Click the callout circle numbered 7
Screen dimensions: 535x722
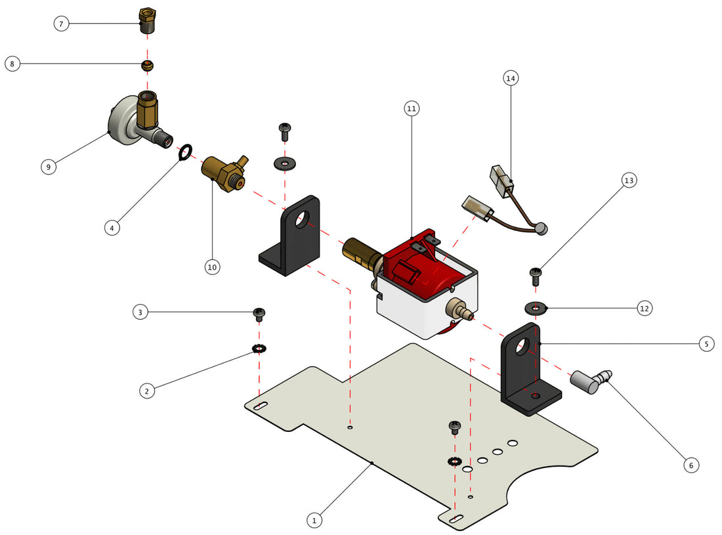pyautogui.click(x=61, y=24)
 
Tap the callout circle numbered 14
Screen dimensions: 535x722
pyautogui.click(x=511, y=78)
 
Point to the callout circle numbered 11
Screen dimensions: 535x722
pyautogui.click(x=412, y=108)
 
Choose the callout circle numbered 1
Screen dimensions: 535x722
pyautogui.click(x=314, y=520)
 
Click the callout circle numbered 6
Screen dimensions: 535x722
pyautogui.click(x=690, y=465)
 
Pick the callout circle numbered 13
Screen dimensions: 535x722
pyautogui.click(x=629, y=181)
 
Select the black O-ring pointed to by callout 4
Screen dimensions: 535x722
pyautogui.click(x=185, y=153)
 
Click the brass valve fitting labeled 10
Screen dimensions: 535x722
pyautogui.click(x=223, y=173)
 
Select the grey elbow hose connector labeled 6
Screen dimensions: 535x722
pyautogui.click(x=587, y=381)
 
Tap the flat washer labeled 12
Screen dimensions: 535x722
pyautogui.click(x=536, y=307)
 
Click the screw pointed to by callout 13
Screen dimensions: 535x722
pyautogui.click(x=536, y=275)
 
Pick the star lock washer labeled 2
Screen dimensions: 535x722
pyautogui.click(x=259, y=348)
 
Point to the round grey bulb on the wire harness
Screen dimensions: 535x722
pyautogui.click(x=541, y=228)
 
